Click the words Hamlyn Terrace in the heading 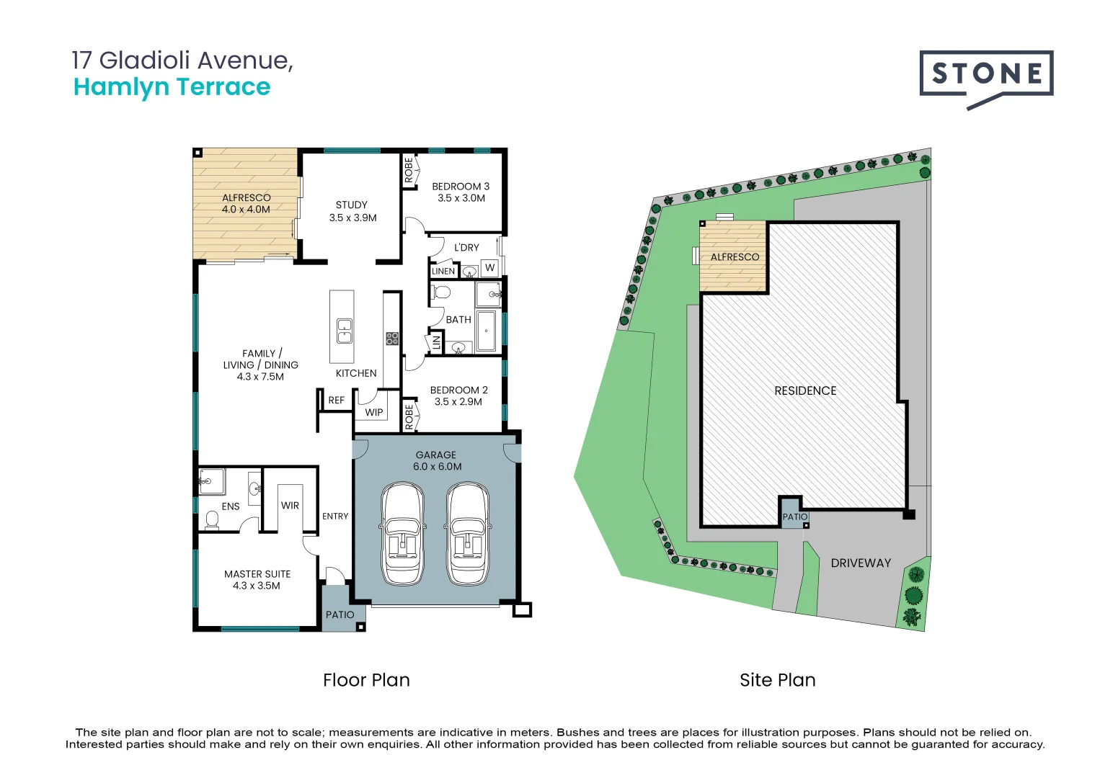point(172,87)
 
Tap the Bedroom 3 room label point(461,192)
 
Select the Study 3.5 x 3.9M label point(352,211)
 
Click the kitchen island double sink point(345,330)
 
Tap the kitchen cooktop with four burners point(392,338)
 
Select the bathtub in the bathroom point(487,331)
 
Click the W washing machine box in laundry point(489,268)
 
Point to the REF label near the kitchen point(336,401)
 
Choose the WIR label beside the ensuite point(290,506)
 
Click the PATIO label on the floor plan point(340,615)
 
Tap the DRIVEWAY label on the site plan point(861,563)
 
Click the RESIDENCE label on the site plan point(805,391)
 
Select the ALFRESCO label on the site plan point(735,257)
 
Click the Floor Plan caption point(366,680)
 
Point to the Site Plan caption point(777,680)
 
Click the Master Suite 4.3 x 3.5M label point(257,580)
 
